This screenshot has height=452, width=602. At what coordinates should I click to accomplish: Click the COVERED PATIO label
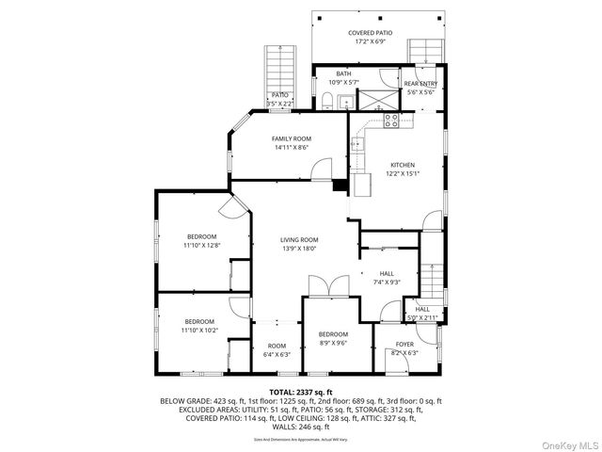[x=371, y=33]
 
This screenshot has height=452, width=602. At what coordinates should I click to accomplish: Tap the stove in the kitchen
[x=391, y=120]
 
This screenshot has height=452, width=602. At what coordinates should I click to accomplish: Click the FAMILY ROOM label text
[x=292, y=138]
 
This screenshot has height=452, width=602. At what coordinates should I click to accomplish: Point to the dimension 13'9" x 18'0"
[x=299, y=249]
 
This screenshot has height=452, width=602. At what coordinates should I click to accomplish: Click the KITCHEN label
[x=403, y=165]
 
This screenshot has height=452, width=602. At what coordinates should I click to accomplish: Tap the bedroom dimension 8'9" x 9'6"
[x=333, y=343]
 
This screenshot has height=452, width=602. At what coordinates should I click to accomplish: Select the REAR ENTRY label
[x=420, y=84]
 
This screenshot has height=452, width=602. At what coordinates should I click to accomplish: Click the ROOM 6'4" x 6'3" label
[x=277, y=350]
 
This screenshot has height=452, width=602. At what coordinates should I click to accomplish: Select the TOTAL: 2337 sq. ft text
[x=301, y=392]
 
